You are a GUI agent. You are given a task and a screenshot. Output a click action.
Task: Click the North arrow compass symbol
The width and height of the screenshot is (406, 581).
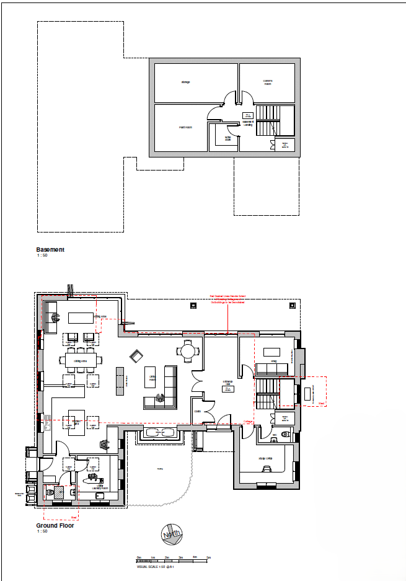172,532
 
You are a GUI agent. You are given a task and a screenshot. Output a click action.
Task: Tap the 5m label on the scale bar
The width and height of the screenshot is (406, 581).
209,557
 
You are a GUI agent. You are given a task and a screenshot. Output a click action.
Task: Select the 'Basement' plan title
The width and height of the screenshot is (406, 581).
50,250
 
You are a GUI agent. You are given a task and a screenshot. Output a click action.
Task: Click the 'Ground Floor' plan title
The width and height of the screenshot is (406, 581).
55,525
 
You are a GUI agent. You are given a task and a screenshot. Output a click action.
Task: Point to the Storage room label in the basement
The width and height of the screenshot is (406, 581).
185,82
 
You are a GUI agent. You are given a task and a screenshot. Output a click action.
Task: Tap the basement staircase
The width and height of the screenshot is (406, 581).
268,120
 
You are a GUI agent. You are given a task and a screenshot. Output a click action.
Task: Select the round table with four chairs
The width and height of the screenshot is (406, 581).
188,351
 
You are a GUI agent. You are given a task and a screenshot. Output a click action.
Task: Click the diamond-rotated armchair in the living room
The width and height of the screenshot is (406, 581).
136,356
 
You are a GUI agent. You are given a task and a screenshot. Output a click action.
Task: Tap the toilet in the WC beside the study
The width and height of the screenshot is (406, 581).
285,434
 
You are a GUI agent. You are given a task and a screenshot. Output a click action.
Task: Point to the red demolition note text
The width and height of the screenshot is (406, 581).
227,301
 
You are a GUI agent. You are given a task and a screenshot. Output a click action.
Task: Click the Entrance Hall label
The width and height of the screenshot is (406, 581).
227,383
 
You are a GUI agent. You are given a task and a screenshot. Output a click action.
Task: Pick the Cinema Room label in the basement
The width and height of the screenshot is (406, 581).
268,82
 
